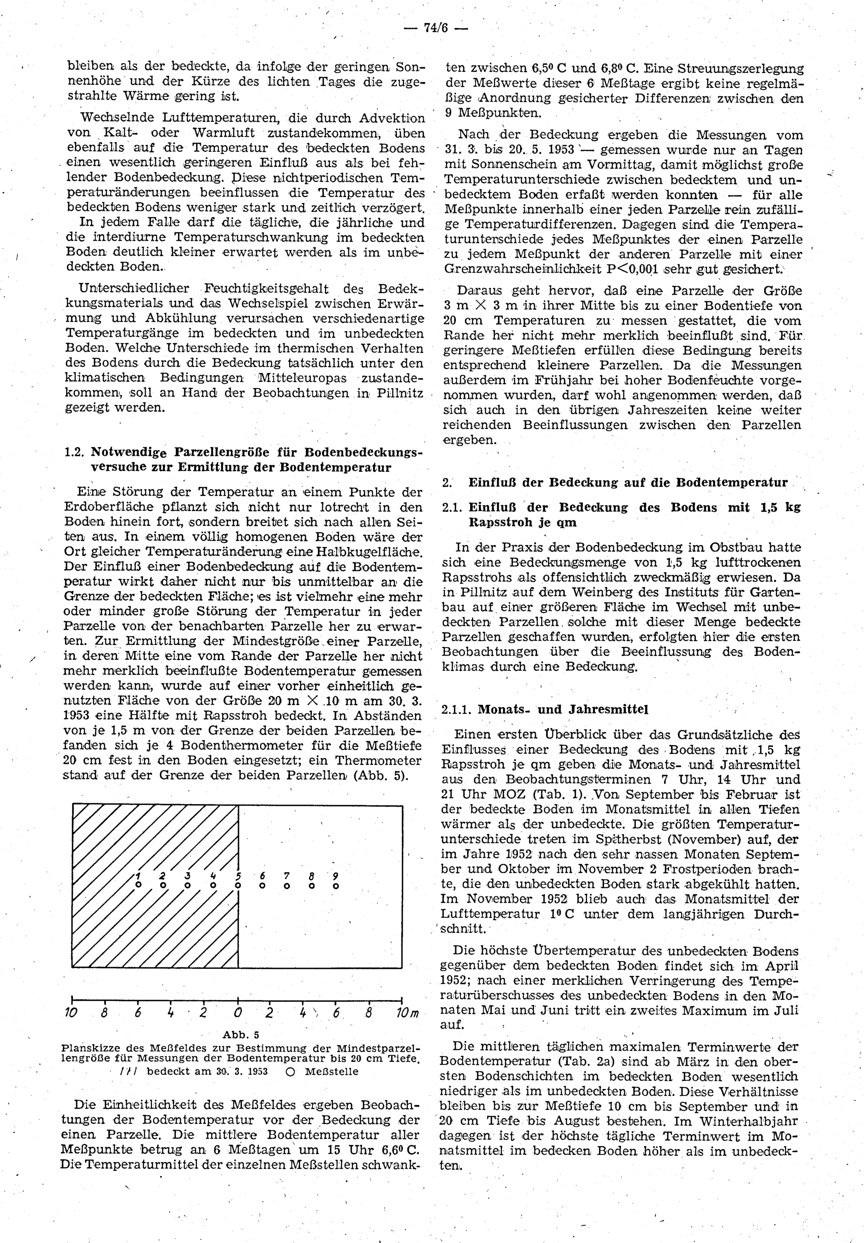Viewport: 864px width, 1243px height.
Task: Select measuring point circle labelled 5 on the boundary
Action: coord(238,886)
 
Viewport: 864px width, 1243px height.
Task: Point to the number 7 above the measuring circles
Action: coord(287,876)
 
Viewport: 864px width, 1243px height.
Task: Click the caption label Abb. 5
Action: coord(241,1035)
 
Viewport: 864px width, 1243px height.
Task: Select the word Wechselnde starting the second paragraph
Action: coord(111,118)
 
